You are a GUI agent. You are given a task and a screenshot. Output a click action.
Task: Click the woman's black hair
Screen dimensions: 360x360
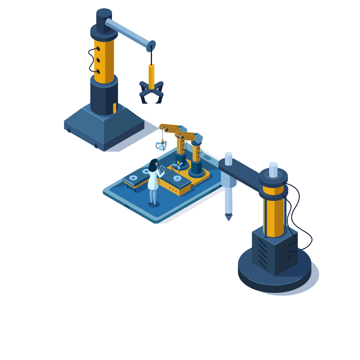tap(153, 166)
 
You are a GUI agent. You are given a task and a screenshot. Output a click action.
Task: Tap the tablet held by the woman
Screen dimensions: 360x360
tap(162, 169)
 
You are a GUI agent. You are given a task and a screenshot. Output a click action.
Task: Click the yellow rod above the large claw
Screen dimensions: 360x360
tap(152, 76)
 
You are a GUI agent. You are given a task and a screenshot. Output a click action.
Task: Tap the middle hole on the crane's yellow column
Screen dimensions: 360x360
tap(98, 60)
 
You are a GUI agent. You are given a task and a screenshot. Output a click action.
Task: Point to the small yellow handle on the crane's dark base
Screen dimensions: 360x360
tap(114, 108)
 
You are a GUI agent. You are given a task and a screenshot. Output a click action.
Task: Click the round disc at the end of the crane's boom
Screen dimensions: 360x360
tap(152, 45)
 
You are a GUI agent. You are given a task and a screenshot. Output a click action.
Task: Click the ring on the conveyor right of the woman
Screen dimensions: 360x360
tap(177, 178)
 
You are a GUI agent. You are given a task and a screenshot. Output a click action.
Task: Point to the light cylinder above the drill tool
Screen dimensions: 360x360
tap(228, 158)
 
